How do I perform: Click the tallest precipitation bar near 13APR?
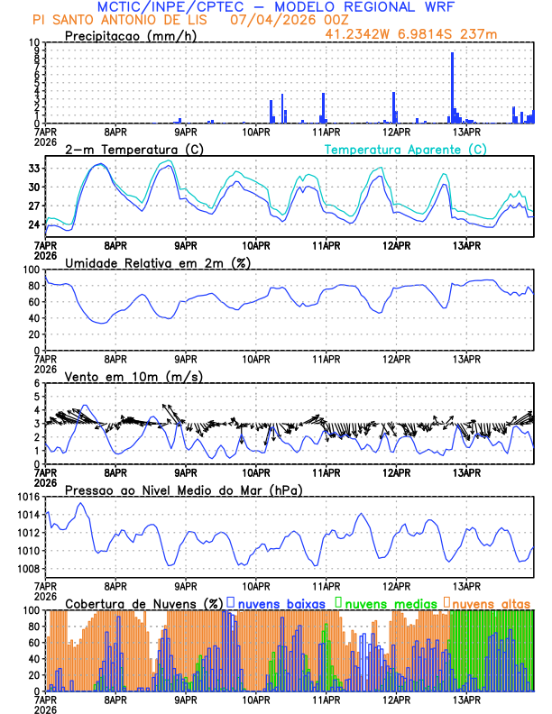[x=452, y=87]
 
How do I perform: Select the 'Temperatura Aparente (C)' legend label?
[x=405, y=150]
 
